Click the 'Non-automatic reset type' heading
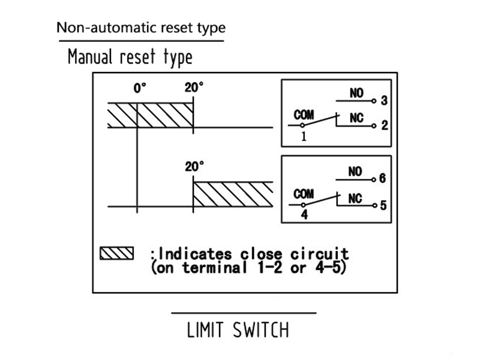click(x=141, y=28)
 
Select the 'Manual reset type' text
click(x=130, y=58)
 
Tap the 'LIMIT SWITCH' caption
click(x=238, y=330)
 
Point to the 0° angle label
click(x=140, y=89)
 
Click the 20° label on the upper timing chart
click(x=194, y=88)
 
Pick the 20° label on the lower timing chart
click(x=194, y=166)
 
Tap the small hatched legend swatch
click(x=116, y=252)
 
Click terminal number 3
click(x=383, y=101)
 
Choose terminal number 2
click(x=383, y=126)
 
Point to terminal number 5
click(x=383, y=205)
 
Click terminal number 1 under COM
click(x=304, y=136)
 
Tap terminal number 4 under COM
click(x=304, y=214)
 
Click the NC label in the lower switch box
click(x=355, y=198)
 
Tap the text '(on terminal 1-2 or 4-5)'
click(x=247, y=268)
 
